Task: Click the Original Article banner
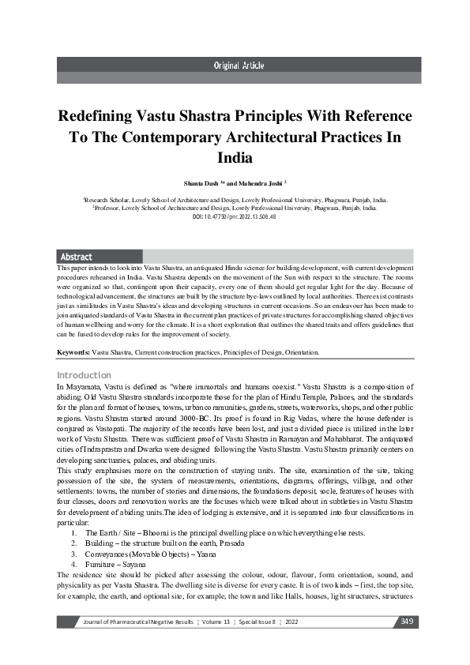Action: tap(235, 65)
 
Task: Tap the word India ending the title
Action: tap(234, 157)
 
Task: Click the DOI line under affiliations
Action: tap(234, 216)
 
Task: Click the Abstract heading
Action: tap(77, 257)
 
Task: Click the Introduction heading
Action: tap(84, 374)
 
